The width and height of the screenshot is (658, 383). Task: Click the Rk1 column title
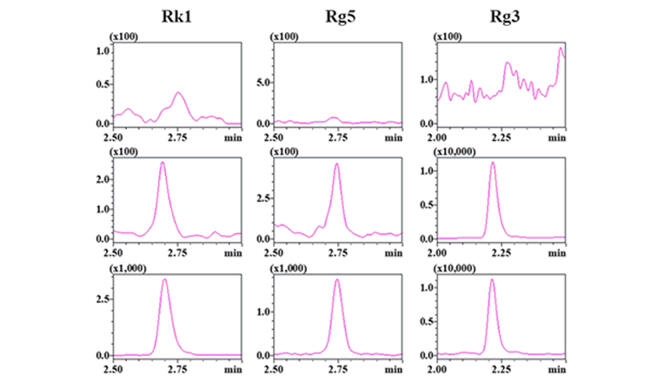pos(176,17)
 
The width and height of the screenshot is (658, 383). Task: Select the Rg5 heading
pos(336,17)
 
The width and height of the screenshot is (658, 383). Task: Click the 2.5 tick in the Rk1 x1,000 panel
pos(102,298)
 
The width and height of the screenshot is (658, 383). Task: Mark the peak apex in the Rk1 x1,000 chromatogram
pos(164,279)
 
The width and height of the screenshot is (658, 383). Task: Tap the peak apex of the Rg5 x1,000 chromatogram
pos(336,279)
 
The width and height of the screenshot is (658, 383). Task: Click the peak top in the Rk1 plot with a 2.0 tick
pos(163,163)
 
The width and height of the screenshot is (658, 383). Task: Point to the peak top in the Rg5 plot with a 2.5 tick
pos(336,164)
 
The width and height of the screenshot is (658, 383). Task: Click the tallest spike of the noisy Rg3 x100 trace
pos(561,48)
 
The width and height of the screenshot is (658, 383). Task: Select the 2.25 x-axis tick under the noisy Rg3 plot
pos(502,137)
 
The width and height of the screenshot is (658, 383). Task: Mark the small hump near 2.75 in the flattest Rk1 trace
pos(178,92)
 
